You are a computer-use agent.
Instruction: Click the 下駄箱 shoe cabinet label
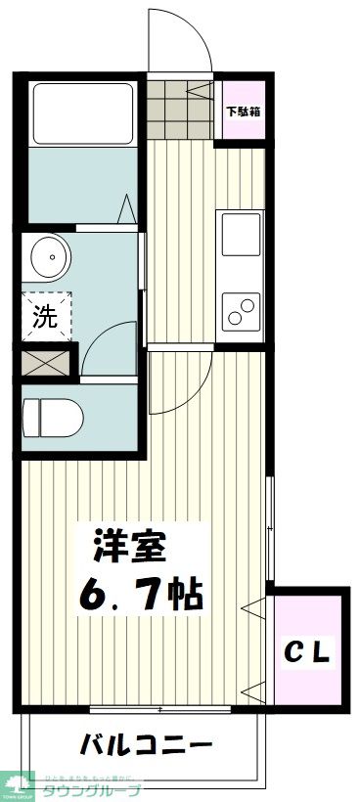(x=242, y=110)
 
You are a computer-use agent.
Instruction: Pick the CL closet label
(x=310, y=648)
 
